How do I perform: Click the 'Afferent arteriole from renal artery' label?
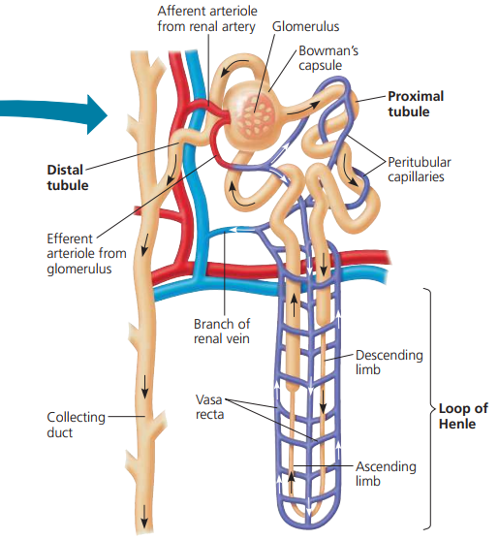pos(205,18)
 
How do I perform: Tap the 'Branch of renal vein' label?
pos(222,331)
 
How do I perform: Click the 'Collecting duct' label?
pos(76,425)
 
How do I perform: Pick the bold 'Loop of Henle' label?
pos(462,416)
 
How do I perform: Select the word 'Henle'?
pos(456,425)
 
